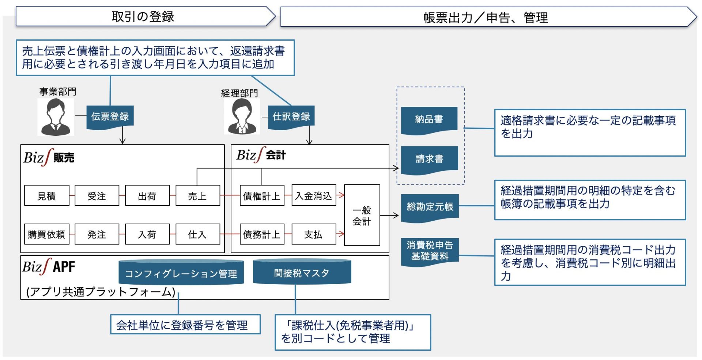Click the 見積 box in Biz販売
coord(46,196)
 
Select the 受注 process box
coord(97,196)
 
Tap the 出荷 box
coord(147,196)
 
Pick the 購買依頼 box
coord(46,234)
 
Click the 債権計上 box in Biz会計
coord(262,196)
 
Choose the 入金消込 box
coord(313,196)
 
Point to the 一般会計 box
coord(362,215)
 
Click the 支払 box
coord(313,234)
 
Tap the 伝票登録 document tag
coord(110,117)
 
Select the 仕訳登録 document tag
coord(291,117)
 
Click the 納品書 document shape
coord(429,119)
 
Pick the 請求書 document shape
coord(429,159)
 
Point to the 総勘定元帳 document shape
coord(430,207)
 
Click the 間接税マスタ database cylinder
coord(302,273)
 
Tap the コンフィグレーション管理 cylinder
coord(181,273)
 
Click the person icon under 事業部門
coord(56,117)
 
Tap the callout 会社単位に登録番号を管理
coord(185,325)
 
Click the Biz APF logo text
coord(49,267)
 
